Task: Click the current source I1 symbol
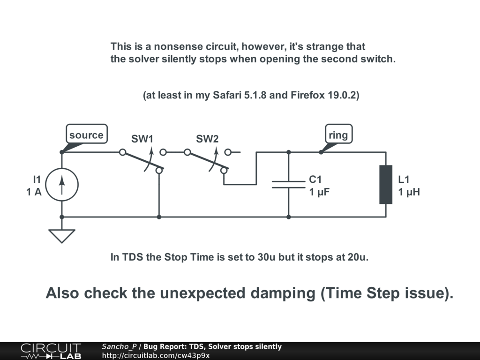coord(62,185)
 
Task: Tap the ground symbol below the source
coord(62,235)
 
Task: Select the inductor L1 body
coord(386,185)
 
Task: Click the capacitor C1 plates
coord(288,184)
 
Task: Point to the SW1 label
coord(142,139)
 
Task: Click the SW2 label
coord(207,139)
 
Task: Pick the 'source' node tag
coord(86,135)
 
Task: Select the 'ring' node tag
coord(338,135)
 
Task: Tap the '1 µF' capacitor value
coord(320,192)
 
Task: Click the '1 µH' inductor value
coord(409,192)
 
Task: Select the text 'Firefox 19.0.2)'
coord(325,95)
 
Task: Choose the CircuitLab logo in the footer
coord(51,351)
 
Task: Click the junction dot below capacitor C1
coord(288,217)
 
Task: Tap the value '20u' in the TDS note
coord(358,257)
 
